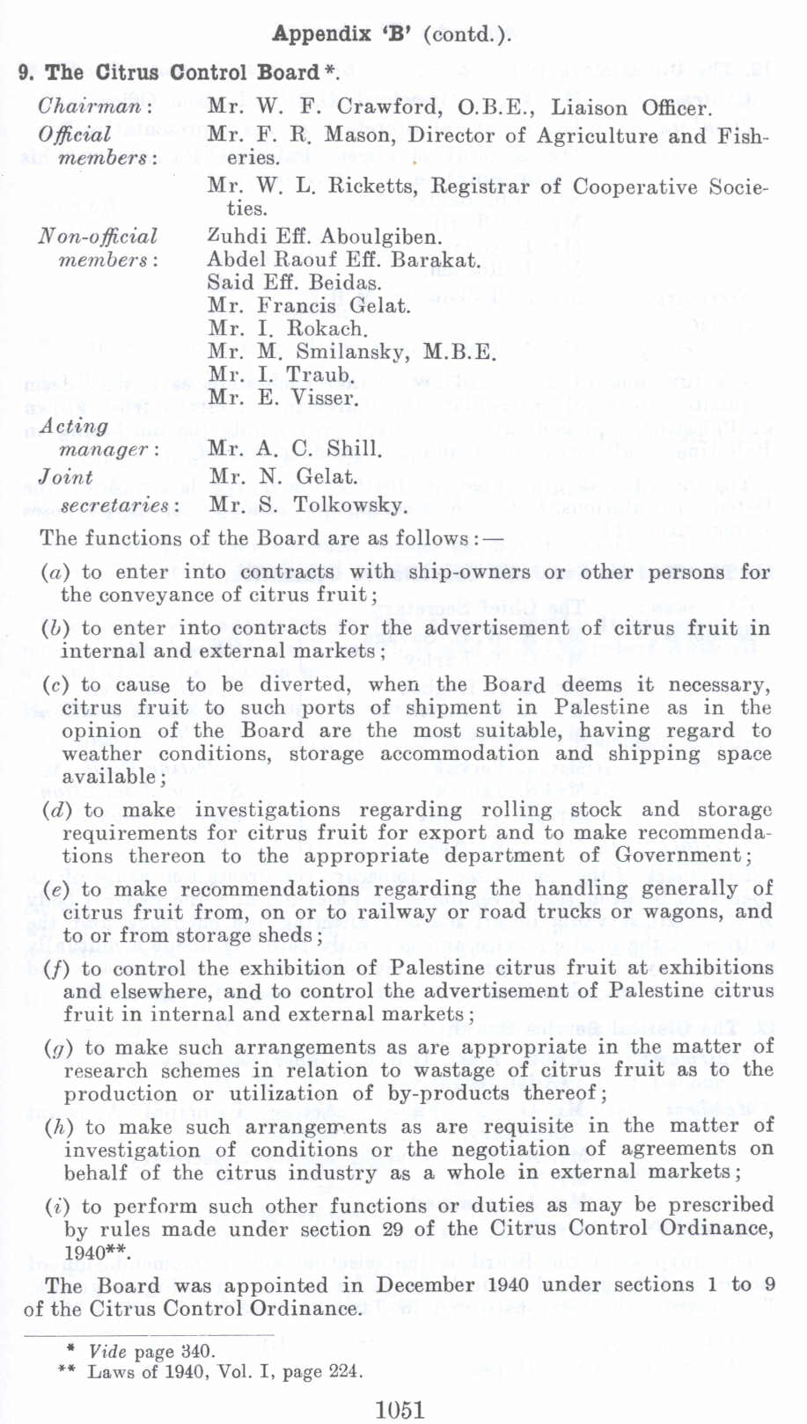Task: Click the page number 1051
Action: click(400, 1409)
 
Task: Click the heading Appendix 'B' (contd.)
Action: click(392, 34)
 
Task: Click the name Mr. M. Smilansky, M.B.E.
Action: click(352, 352)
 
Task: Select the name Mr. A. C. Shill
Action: click(295, 449)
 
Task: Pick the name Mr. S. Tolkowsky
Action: click(308, 505)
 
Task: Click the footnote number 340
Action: click(196, 1351)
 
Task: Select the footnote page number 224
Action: click(345, 1371)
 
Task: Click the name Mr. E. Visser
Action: click(282, 398)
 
